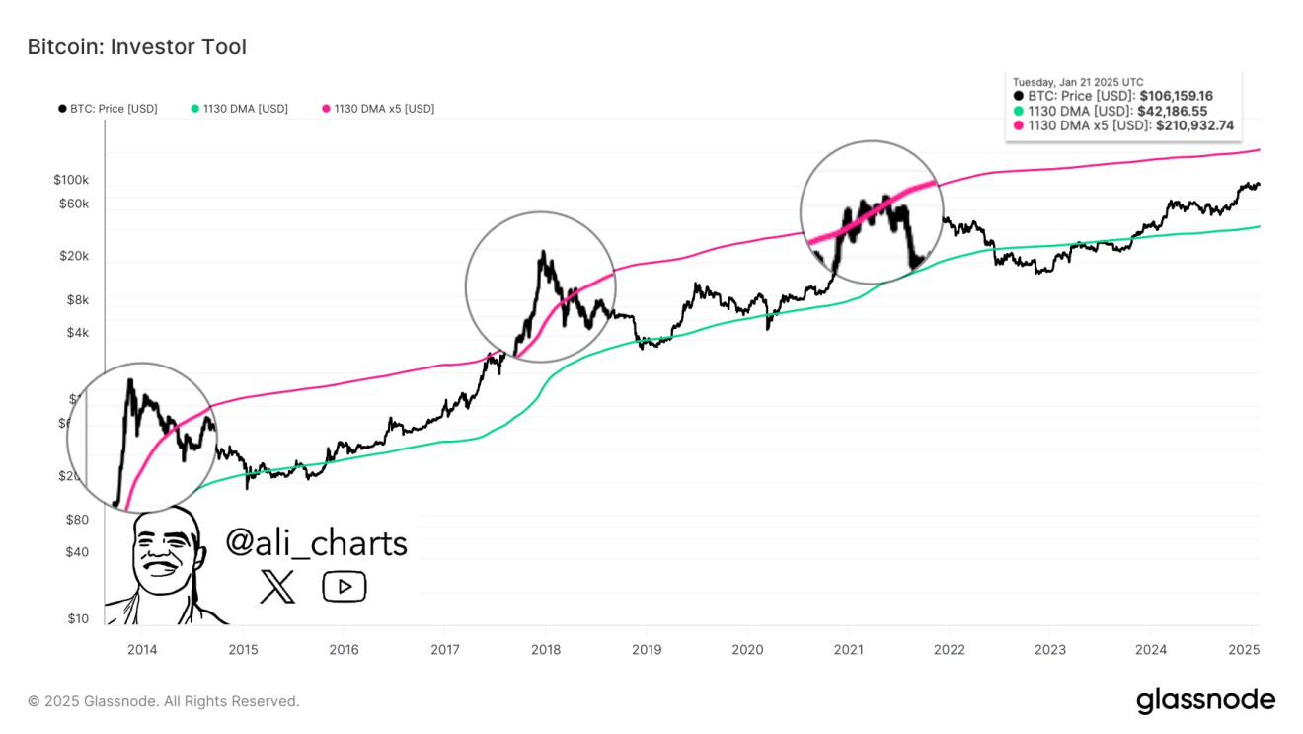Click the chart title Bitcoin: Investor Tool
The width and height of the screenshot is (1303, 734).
coord(136,46)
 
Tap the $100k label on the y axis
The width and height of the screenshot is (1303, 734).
coord(71,181)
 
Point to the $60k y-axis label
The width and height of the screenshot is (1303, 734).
coord(73,204)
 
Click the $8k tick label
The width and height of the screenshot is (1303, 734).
coord(77,299)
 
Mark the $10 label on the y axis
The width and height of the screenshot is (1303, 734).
coord(77,619)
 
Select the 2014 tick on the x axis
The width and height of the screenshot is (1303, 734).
coord(141,650)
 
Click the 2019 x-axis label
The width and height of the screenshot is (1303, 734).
coord(646,650)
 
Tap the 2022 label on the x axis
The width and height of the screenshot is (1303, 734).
coord(949,650)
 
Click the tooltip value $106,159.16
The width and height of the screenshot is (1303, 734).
coord(1176,96)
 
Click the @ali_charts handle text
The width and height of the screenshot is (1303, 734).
coord(316,542)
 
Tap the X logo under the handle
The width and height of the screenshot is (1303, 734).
coord(276,587)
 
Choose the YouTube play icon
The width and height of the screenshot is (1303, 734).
coord(344,587)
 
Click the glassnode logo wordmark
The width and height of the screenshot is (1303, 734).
coord(1205,700)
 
